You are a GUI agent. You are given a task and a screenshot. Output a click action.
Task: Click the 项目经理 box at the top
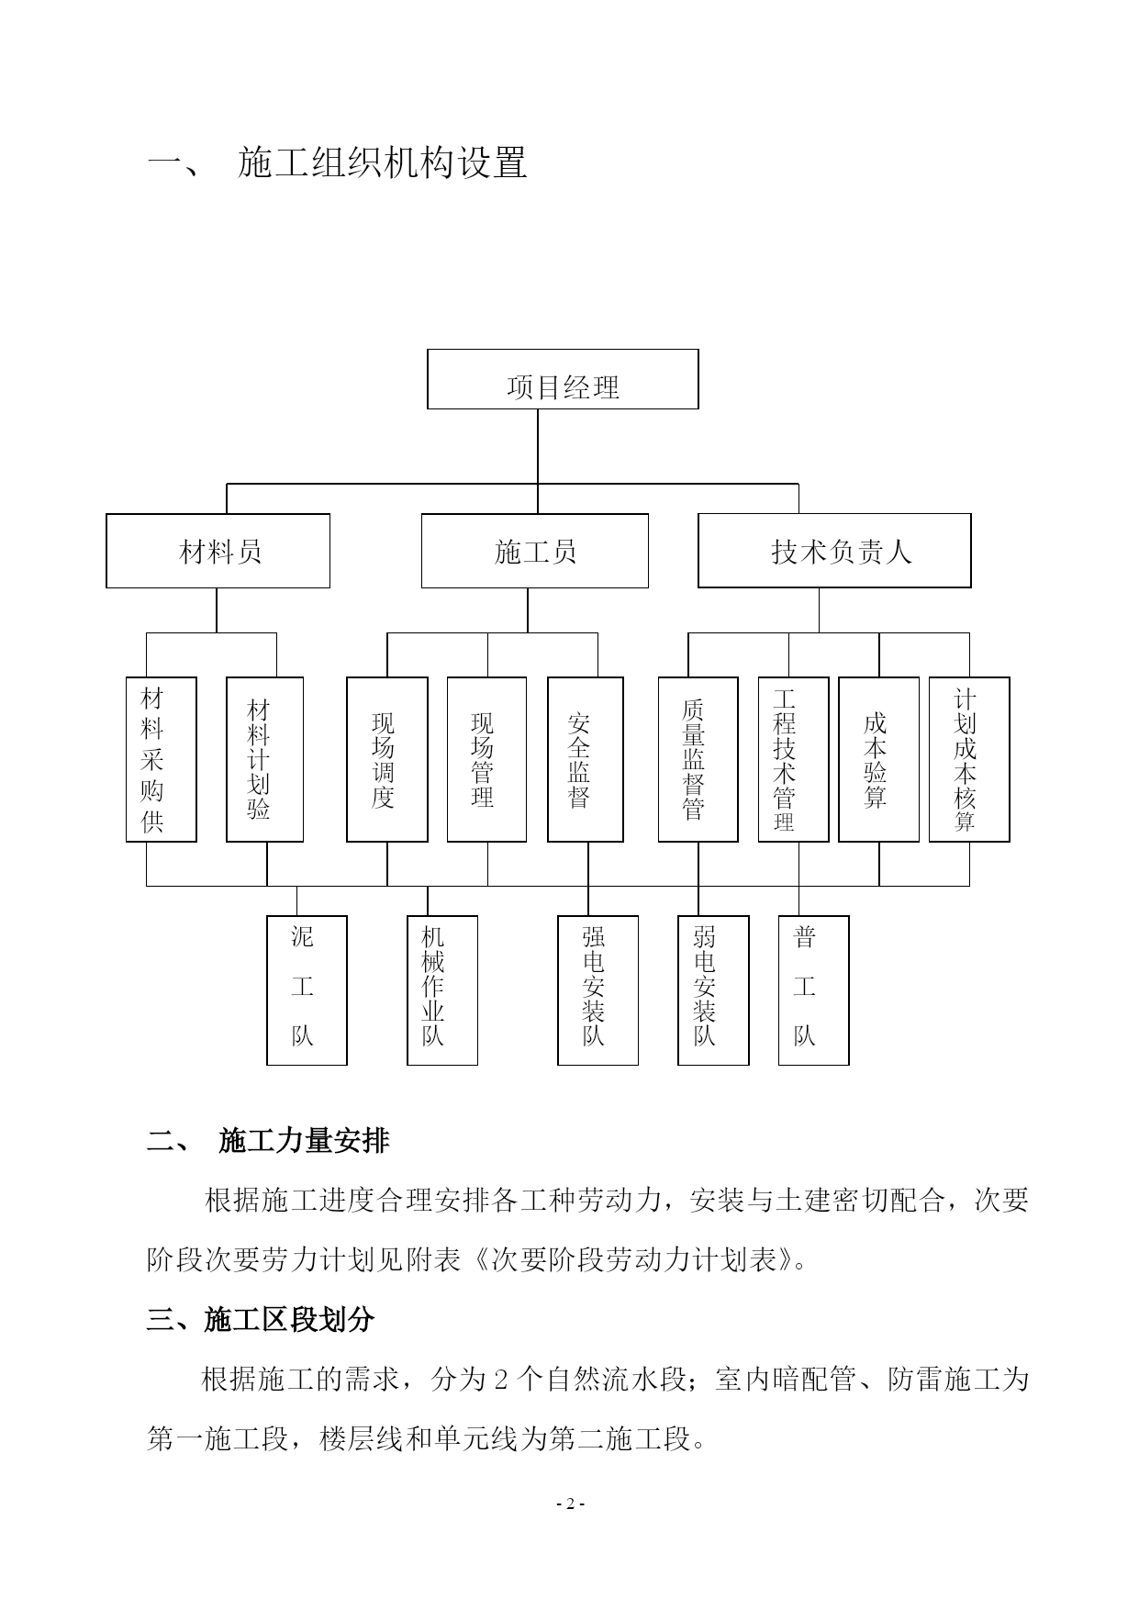click(563, 379)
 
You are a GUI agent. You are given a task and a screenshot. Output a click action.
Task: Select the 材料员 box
click(218, 551)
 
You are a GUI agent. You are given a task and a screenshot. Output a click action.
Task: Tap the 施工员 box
click(534, 551)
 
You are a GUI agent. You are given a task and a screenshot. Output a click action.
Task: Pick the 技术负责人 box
click(834, 551)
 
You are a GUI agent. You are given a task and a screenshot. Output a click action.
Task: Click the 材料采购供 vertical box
click(161, 759)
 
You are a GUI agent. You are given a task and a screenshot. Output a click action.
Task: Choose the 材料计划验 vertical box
click(264, 759)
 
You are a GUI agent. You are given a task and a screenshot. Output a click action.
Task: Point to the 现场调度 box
click(386, 759)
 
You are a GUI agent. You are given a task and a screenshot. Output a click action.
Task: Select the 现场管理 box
click(486, 759)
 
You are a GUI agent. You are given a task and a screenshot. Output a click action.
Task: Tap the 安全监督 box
click(585, 759)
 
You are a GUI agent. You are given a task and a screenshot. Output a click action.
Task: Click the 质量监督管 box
click(698, 759)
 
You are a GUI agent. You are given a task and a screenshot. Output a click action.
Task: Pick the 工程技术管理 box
click(793, 759)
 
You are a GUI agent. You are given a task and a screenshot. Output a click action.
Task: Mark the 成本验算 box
click(878, 759)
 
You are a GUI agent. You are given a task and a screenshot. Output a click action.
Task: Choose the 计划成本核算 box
click(969, 759)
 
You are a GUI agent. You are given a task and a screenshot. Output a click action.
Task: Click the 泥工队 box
click(307, 990)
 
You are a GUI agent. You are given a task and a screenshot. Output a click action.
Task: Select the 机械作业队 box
click(442, 990)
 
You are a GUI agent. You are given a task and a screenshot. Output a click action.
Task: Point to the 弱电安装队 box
click(713, 990)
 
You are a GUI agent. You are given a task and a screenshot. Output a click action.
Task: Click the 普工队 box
click(813, 990)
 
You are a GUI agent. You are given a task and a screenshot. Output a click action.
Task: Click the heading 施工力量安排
click(304, 1141)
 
